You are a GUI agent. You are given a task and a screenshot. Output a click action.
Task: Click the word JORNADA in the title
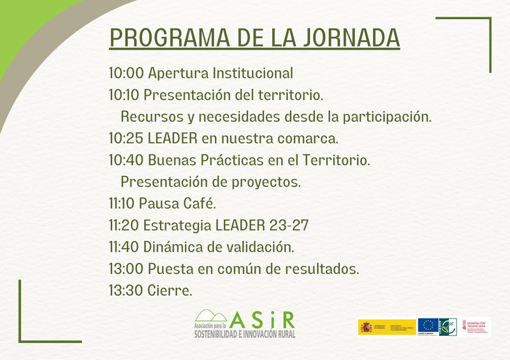click(353, 38)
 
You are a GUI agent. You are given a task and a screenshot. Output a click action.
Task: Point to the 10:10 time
click(125, 95)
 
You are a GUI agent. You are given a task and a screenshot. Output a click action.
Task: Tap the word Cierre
click(170, 291)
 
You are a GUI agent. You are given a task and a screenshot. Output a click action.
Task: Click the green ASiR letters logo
click(263, 319)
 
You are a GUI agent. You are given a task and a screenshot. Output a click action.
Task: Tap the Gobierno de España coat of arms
click(366, 327)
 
